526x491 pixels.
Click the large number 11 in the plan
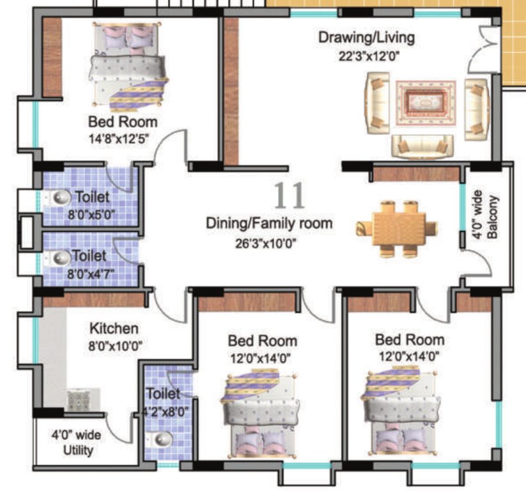[290, 196]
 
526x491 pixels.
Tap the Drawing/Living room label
[366, 37]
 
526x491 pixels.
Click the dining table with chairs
[398, 229]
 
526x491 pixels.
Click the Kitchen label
[113, 329]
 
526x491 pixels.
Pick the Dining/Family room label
[268, 223]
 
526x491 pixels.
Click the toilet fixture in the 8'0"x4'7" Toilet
[61, 258]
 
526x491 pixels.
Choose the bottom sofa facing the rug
[422, 146]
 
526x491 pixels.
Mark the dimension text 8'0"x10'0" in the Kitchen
[115, 346]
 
